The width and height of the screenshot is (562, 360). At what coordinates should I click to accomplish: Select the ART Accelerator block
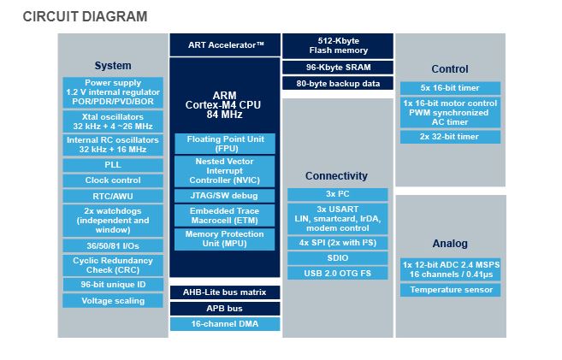225,44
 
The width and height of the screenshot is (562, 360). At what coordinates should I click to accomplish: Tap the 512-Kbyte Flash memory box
337,44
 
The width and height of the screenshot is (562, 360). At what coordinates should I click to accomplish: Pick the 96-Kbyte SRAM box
337,67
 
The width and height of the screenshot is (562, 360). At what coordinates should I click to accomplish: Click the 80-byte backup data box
337,84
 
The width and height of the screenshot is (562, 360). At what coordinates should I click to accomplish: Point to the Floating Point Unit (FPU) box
225,143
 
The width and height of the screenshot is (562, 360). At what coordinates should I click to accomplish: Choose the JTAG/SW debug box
225,194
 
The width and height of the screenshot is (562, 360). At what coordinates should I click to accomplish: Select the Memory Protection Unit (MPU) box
225,239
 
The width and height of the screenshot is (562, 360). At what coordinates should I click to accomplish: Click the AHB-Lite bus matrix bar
225,292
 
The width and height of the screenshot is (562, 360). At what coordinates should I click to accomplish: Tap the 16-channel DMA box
225,324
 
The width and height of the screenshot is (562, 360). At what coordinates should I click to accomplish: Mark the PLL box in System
113,164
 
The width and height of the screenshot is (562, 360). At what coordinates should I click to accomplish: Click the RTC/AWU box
113,196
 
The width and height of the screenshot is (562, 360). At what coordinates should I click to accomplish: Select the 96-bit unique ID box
113,284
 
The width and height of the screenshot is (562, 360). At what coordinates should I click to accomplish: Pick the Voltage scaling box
113,301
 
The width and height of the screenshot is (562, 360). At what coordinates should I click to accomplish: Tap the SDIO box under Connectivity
337,257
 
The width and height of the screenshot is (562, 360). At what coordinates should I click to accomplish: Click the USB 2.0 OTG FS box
337,274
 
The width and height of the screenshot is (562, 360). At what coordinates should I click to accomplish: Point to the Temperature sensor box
450,290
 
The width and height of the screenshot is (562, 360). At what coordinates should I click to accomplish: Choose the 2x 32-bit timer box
450,137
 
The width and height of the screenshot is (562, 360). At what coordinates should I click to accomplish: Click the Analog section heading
450,244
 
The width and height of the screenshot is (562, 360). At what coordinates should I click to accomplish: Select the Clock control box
113,180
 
